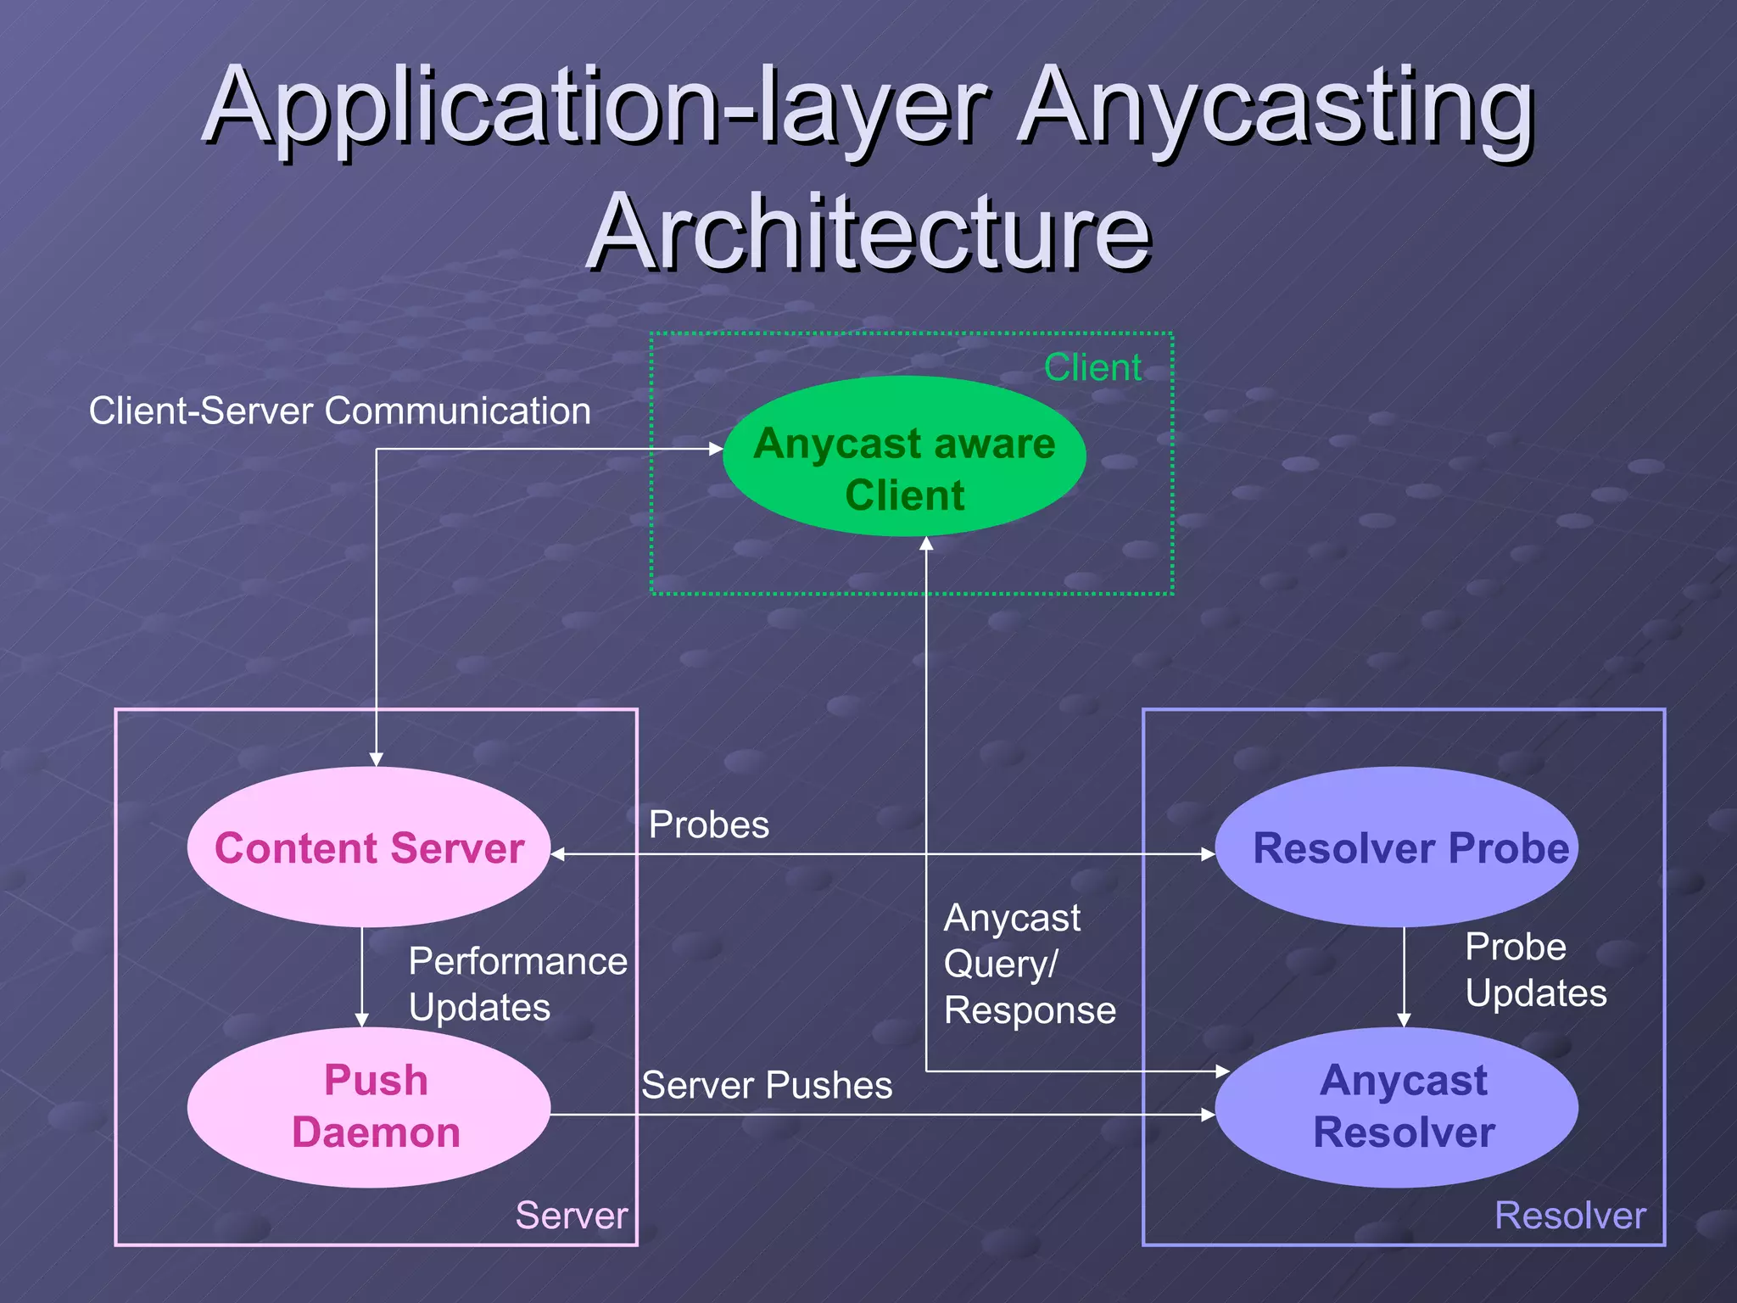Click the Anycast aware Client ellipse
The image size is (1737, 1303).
904,456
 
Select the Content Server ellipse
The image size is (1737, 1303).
369,847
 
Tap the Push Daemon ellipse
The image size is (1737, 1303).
369,1107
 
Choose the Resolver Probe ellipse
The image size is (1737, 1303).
1396,847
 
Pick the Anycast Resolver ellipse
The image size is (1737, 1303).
1396,1107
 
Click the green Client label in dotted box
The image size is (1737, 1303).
1092,367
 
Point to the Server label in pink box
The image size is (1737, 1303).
572,1215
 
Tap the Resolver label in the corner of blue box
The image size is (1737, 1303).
1570,1215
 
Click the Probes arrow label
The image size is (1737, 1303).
709,825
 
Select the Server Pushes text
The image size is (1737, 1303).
767,1085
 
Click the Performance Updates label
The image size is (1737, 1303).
517,984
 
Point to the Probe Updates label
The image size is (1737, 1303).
1535,970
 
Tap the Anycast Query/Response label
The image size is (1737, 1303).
1029,964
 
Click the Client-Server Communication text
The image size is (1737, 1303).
340,411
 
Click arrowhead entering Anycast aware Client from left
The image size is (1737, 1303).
716,449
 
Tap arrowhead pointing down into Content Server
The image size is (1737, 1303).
377,759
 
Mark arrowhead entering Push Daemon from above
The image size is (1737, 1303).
362,1020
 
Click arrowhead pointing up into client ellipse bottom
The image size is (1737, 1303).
926,544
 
